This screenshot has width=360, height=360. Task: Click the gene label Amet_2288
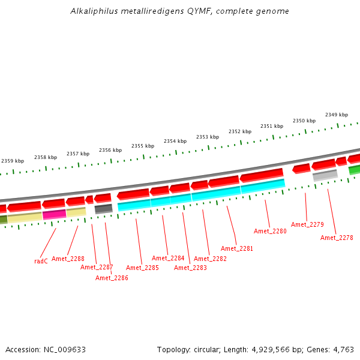68,259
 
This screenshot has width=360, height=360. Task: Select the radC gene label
41,261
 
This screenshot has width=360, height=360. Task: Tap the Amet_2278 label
337,238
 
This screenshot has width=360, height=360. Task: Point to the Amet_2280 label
270,231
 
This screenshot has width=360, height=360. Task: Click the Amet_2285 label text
142,268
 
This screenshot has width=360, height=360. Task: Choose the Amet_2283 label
190,268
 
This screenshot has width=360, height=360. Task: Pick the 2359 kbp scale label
13,161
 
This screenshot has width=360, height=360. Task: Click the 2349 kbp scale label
337,115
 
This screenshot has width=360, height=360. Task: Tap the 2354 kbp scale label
175,141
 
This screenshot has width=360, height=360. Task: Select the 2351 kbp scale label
272,126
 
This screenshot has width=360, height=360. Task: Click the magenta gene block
54,214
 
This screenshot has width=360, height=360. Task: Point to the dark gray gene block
103,209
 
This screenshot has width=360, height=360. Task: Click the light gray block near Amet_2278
325,175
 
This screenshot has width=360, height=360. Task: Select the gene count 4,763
343,349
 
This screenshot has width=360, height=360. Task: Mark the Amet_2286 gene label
112,278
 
